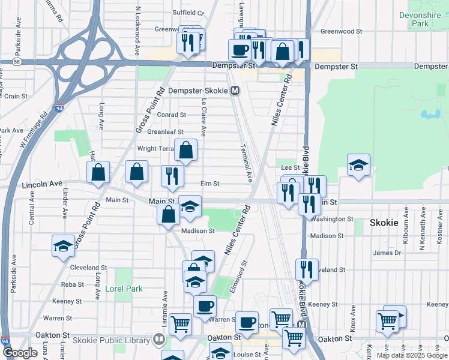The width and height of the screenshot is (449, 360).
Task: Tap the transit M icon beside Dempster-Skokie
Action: tap(235, 91)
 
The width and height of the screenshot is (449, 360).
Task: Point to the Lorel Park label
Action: tap(124, 289)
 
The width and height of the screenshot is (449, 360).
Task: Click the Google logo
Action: tap(20, 353)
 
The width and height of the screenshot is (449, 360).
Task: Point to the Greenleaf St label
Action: tap(165, 132)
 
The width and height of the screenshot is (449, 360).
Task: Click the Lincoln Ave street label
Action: tap(42, 184)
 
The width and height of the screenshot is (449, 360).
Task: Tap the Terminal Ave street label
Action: tap(247, 163)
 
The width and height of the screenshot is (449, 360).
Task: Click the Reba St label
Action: tap(72, 284)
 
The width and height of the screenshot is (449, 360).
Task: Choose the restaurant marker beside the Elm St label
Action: tap(172, 176)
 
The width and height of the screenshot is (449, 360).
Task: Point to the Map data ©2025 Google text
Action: tap(412, 355)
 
